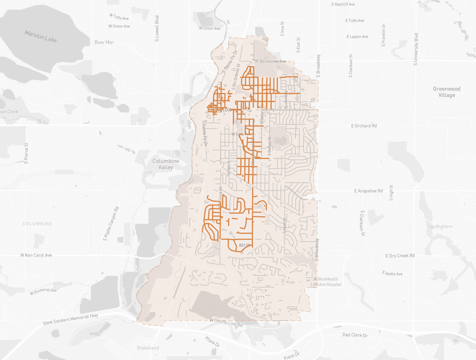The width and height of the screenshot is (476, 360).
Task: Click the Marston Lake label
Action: pos(41,36)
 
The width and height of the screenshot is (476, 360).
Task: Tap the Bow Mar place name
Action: pos(104,42)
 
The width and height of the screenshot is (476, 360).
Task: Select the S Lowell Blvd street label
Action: pos(157,29)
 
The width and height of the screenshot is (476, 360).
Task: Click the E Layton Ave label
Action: pos(357,36)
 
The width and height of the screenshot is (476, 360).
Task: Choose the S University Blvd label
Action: pos(416,50)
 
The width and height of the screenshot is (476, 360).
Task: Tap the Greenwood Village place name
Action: pos(447,92)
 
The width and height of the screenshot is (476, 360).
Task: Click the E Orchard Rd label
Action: pos(364,126)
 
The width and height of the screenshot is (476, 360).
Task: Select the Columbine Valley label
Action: pos(166,164)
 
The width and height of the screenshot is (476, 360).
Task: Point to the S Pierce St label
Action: pos(26,153)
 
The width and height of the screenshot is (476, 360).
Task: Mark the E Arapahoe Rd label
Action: pos(368,191)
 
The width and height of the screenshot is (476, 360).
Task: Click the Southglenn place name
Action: pos(440,226)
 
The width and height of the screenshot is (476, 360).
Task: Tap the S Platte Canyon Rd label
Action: pos(111,224)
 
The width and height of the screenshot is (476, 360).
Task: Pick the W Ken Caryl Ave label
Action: pos(36,255)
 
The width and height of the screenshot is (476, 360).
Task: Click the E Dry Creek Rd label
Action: pos(400,256)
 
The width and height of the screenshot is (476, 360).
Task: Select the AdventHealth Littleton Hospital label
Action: pos(326,282)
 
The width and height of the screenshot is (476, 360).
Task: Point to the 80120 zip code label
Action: pos(244,245)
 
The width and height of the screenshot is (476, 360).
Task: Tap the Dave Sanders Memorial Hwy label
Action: pos(71,319)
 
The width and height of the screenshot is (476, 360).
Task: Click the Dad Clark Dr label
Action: pos(355,335)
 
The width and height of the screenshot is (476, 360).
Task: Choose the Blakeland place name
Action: pos(148,348)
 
